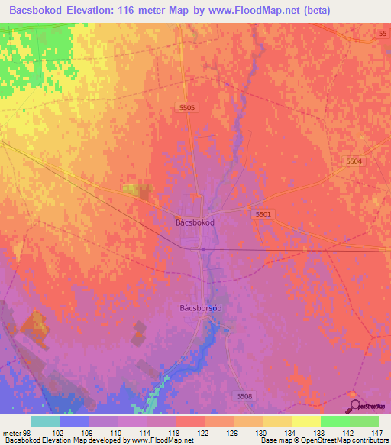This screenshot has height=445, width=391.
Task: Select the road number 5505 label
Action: point(188,108)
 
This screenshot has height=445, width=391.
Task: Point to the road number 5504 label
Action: point(354,161)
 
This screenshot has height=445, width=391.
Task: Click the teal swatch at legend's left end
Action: point(45,421)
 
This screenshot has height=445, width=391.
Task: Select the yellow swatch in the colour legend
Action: point(306,421)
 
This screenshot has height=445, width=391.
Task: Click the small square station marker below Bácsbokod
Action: point(202,248)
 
